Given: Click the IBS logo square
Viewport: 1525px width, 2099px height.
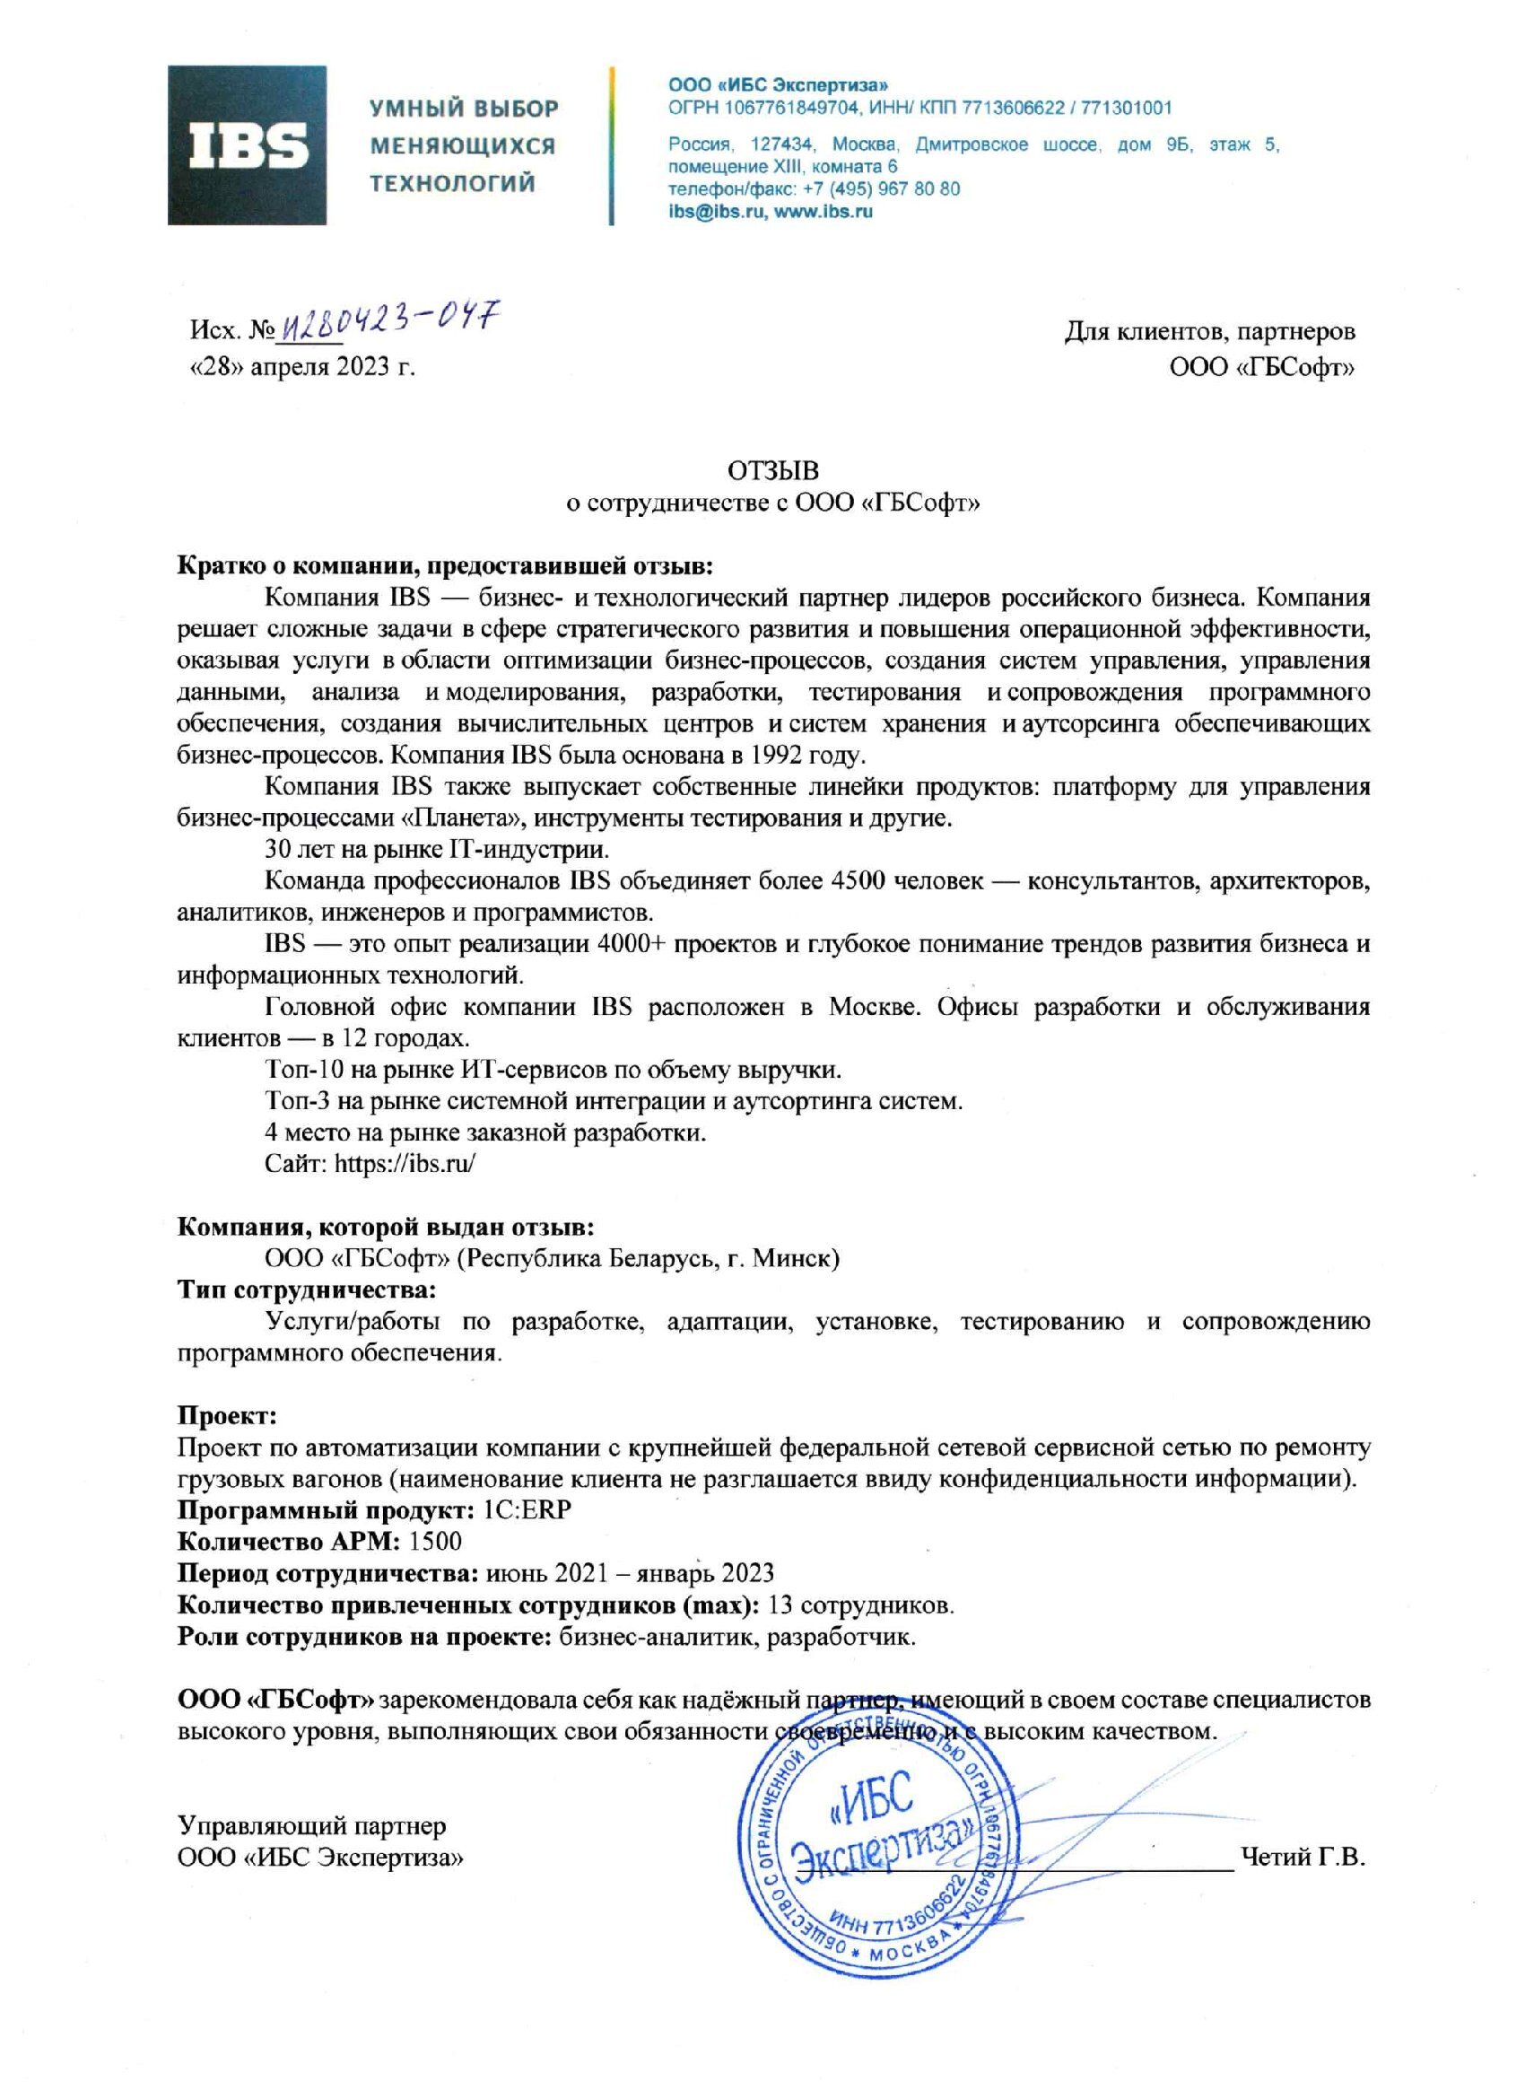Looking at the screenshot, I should tap(246, 144).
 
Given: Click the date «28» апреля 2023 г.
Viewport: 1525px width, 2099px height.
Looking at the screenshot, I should tap(302, 367).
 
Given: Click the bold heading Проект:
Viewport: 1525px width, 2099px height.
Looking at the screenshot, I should tap(227, 1416).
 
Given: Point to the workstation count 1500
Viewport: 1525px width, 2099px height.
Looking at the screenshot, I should tap(435, 1541).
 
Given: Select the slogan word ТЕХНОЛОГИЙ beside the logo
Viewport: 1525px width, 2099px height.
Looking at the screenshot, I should tap(452, 183).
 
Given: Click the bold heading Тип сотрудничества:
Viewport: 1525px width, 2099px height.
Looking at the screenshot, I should tap(306, 1290).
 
